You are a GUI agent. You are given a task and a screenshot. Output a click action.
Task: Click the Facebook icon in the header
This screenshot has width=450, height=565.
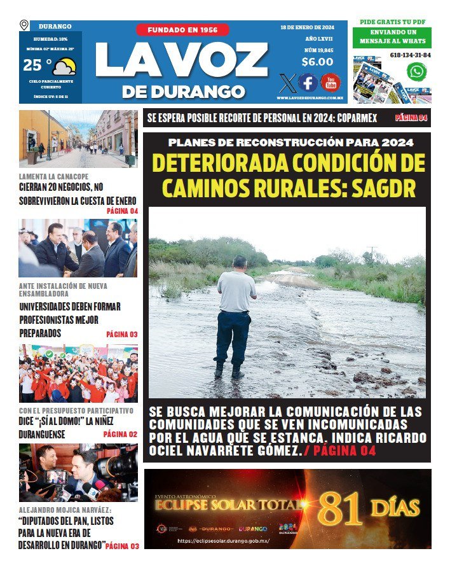(308, 83)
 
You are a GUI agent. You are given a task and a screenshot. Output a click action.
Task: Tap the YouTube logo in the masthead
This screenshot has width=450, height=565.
(330, 83)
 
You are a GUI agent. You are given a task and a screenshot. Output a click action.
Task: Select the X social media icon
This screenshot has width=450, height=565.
(287, 83)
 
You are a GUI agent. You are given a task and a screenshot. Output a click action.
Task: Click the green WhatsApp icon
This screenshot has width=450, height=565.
(416, 71)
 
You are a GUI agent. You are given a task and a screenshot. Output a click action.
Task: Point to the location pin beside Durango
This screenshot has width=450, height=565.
(24, 25)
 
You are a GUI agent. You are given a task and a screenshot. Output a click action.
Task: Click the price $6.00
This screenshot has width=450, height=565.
(317, 62)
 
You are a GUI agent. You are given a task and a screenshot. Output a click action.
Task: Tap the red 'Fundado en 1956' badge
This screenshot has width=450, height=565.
(182, 30)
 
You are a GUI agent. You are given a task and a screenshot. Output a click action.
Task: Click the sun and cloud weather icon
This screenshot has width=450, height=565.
(64, 66)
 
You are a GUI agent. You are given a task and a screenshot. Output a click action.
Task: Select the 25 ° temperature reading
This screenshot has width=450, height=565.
(37, 66)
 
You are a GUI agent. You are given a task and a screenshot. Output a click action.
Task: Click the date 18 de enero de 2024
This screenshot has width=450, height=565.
(308, 27)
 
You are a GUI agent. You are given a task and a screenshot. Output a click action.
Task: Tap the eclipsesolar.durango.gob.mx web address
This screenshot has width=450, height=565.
(223, 541)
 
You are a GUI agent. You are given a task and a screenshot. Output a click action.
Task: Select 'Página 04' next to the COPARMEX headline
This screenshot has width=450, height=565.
(411, 118)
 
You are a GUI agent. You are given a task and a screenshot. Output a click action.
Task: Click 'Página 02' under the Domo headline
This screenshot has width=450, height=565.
(120, 435)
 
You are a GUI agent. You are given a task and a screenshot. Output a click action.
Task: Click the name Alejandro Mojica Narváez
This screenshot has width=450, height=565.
(65, 510)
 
